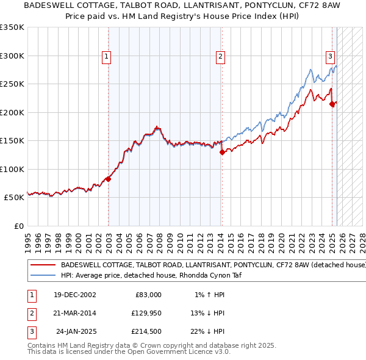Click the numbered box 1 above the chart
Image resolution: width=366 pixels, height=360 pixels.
click(x=106, y=57)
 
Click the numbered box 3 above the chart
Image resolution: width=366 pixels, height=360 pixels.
click(x=329, y=57)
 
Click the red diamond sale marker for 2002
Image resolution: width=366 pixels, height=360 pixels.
click(x=108, y=179)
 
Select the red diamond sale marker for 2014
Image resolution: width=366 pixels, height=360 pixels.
click(x=222, y=153)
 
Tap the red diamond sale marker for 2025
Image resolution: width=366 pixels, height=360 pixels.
click(x=332, y=104)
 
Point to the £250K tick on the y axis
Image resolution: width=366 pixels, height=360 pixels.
click(x=12, y=84)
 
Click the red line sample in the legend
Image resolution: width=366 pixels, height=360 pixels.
click(x=43, y=265)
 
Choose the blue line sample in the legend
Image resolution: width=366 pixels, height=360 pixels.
click(x=43, y=275)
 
